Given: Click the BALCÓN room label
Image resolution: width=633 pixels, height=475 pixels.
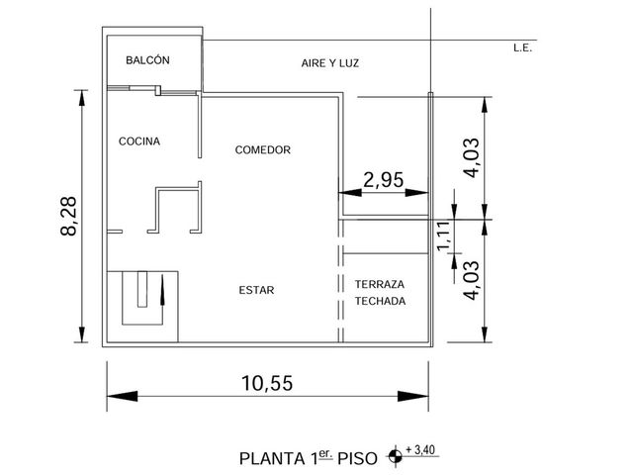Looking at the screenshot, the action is [x=147, y=60].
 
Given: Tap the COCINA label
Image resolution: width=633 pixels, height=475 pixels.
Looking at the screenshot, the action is [x=139, y=142].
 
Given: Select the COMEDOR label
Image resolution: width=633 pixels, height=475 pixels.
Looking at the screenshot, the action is [x=263, y=149].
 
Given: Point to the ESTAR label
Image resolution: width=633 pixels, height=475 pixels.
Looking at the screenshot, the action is [x=256, y=290].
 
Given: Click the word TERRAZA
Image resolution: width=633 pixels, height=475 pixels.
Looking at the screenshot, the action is [x=380, y=284].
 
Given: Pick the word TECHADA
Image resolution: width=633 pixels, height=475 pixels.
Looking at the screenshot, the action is [x=380, y=301].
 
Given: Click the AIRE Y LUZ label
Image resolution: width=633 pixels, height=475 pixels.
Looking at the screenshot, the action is [x=329, y=63].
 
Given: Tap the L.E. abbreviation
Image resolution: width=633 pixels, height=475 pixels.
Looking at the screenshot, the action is [x=523, y=48].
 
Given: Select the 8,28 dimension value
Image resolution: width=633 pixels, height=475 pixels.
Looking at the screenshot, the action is [x=68, y=216].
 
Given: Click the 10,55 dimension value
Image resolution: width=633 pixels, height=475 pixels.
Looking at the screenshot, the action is [x=267, y=383].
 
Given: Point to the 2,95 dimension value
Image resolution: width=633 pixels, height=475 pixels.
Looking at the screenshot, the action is [x=383, y=180].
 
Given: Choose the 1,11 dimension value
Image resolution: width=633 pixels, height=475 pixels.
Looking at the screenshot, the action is [x=443, y=236].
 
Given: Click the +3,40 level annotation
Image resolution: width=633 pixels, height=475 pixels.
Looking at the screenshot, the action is [x=420, y=449].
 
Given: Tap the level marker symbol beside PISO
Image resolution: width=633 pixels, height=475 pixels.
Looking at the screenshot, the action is [x=395, y=457].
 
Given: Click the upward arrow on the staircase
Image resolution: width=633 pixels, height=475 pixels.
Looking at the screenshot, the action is [x=162, y=290].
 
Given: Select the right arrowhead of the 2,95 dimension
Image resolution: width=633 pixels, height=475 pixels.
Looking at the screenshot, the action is [x=416, y=193].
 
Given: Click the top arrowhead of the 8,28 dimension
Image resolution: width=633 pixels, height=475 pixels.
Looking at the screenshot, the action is [x=82, y=98].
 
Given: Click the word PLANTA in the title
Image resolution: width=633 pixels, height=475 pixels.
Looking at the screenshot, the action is [x=272, y=459].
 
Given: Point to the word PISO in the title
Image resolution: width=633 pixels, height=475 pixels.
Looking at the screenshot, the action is [x=358, y=459].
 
